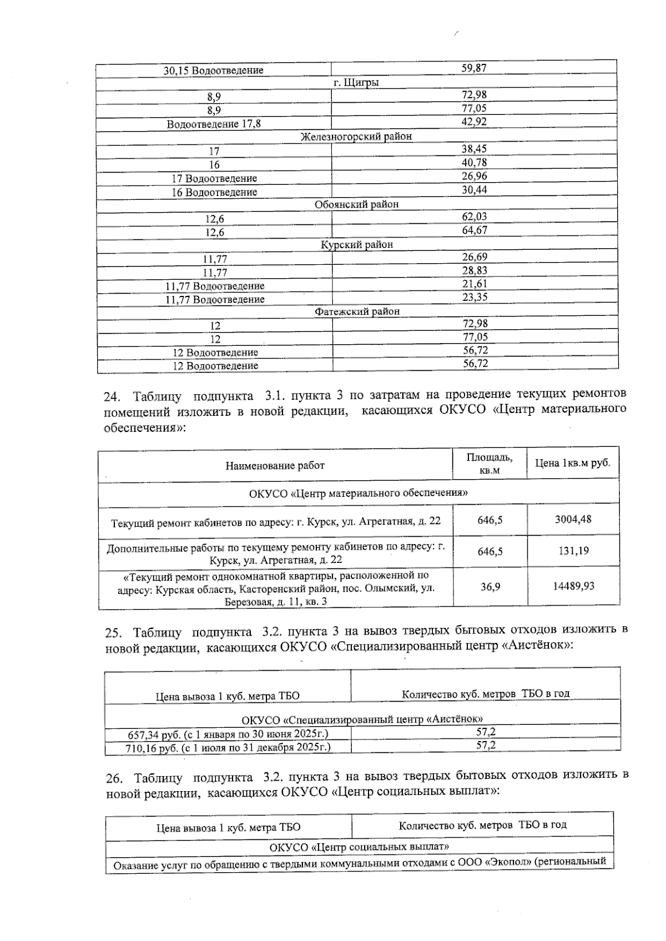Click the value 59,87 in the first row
(474, 68)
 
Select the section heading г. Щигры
(356, 82)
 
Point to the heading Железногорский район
(356, 136)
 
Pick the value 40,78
(474, 163)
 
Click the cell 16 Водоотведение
(214, 192)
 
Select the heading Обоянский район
(356, 204)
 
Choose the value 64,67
(475, 230)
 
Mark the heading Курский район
(357, 244)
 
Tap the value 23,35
(475, 297)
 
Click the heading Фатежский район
(357, 311)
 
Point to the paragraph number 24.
(113, 396)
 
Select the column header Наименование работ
(275, 465)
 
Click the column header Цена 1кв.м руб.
(572, 463)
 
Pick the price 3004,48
(573, 520)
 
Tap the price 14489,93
(573, 586)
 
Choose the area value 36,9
(490, 586)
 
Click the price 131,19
(573, 551)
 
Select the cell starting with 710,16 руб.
(229, 747)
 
